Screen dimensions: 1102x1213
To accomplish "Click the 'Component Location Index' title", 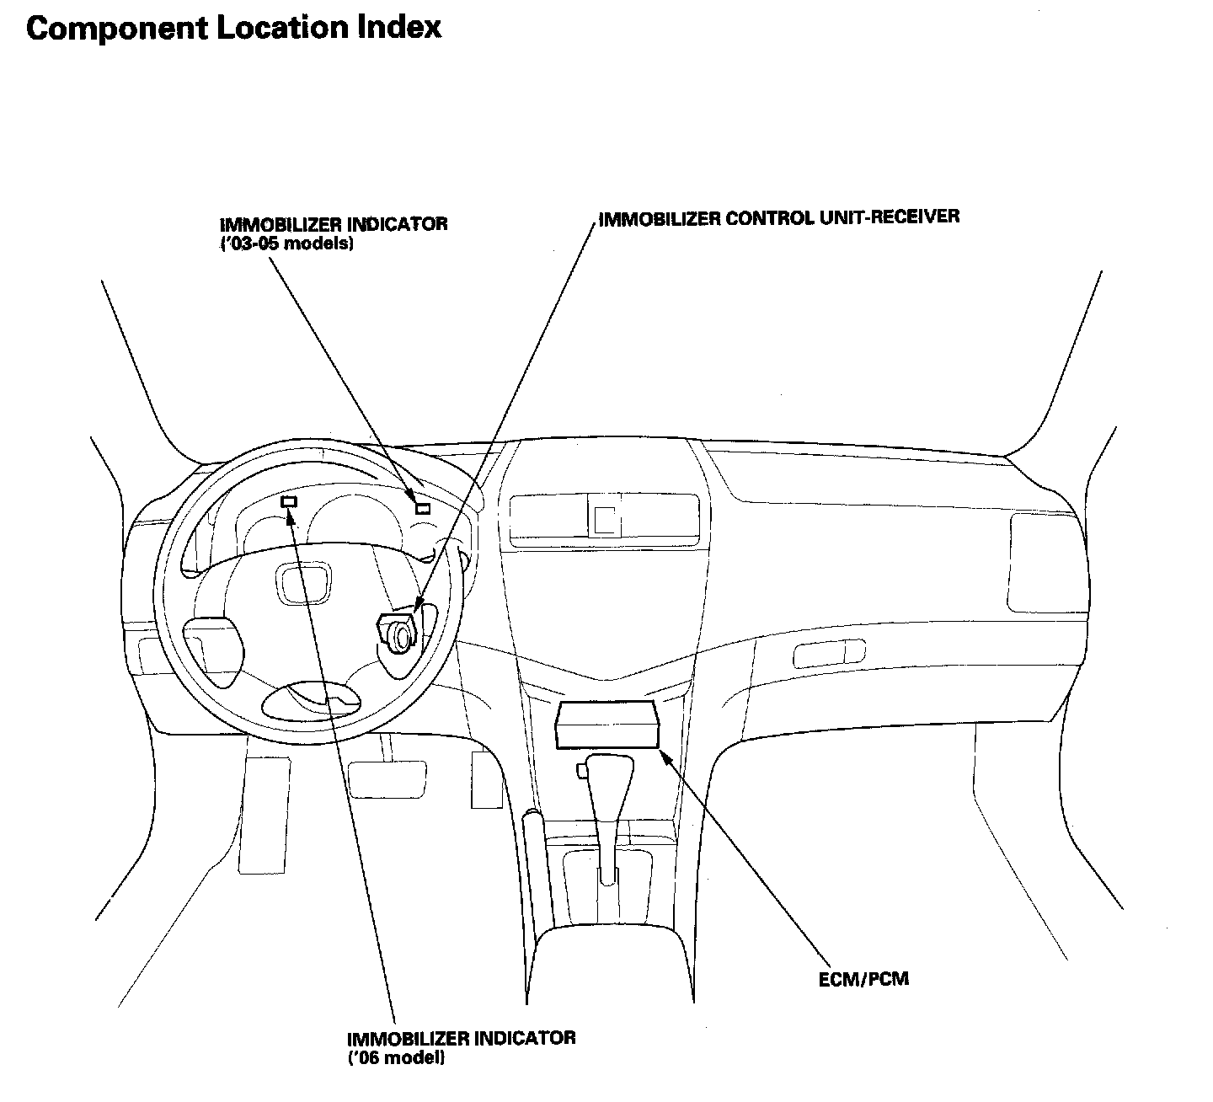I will (x=233, y=28).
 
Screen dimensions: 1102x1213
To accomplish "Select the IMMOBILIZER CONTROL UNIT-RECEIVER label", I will (x=778, y=217).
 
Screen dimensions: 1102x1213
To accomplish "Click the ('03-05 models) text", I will (x=286, y=243).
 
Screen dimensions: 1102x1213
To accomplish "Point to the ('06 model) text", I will (x=396, y=1057).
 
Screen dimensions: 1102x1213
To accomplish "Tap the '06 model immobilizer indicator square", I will (x=289, y=502).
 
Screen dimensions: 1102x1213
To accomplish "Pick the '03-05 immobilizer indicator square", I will (x=422, y=508).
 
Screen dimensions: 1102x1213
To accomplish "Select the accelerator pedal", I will (x=486, y=779).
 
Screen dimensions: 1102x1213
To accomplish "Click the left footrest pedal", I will (x=264, y=813).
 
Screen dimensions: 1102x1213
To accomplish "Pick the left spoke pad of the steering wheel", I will (x=214, y=645).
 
